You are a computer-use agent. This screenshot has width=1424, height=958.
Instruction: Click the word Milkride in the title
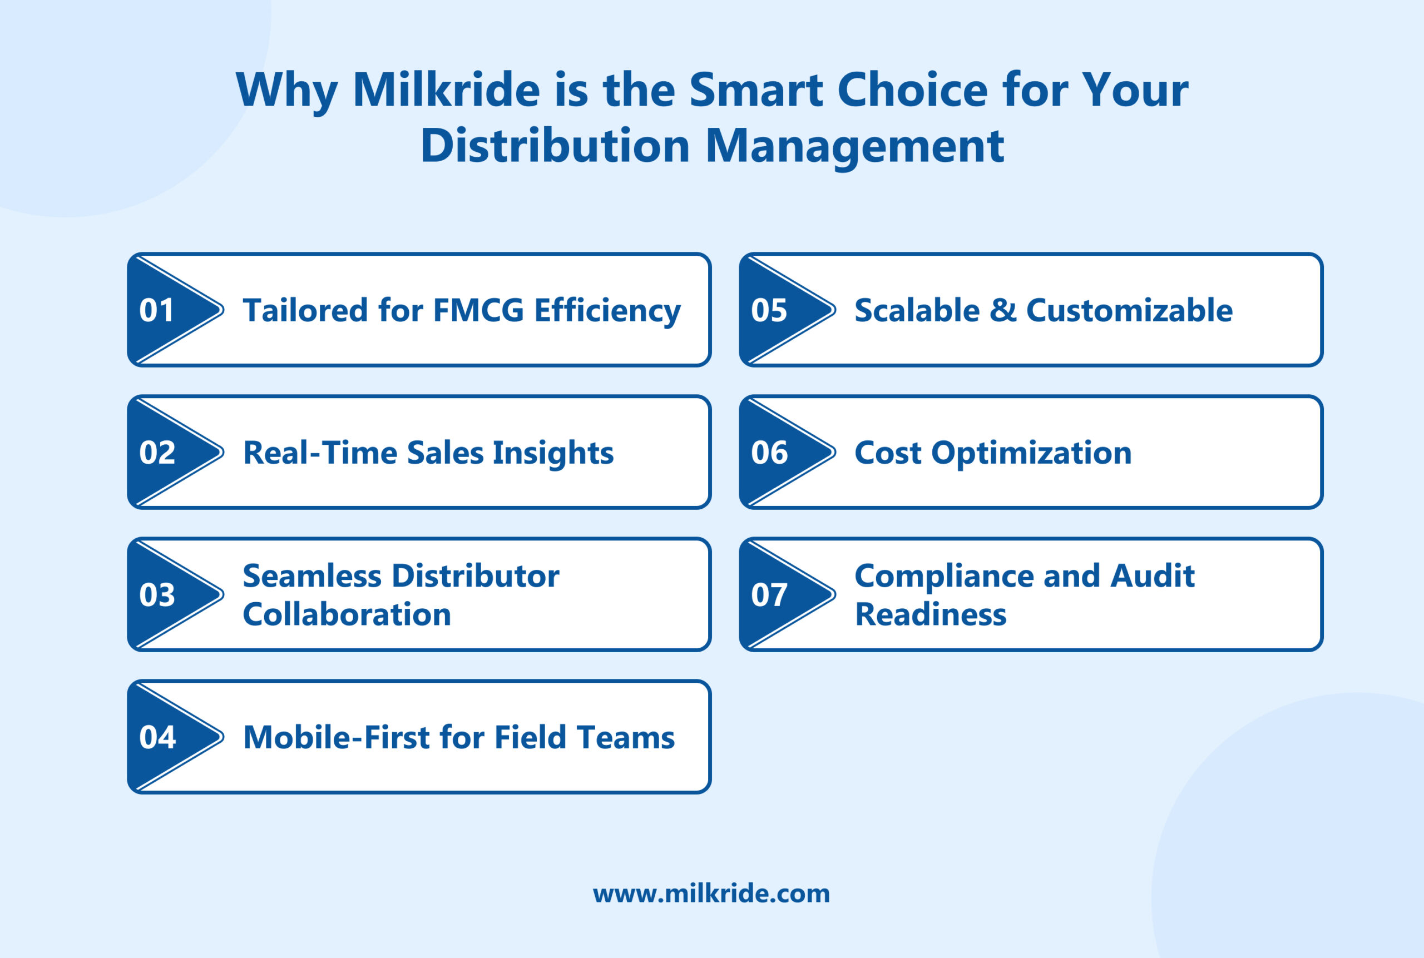446,90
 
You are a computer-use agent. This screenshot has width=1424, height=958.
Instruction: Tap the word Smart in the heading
756,90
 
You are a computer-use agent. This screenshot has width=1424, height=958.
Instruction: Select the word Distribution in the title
555,146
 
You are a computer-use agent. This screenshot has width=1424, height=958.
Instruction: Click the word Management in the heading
854,147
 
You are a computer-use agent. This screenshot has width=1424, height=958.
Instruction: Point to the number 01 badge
156,310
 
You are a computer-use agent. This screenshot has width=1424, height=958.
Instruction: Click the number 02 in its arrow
157,452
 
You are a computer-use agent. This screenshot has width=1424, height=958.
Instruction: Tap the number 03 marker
157,594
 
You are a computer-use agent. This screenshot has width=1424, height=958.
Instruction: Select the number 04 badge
157,737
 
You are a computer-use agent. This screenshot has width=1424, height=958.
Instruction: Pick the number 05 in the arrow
769,310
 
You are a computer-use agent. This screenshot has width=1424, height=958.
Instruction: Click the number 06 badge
769,452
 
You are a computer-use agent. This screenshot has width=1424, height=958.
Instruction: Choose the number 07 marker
769,594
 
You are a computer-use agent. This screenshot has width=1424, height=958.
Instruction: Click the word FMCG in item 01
478,310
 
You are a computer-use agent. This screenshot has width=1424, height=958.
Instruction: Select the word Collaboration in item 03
347,614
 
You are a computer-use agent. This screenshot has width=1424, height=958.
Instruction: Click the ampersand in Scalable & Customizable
1003,310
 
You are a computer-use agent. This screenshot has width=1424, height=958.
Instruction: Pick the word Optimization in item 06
1031,453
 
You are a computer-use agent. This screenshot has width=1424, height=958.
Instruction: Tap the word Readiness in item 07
929,614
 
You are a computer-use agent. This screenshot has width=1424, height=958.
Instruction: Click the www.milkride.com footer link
711,894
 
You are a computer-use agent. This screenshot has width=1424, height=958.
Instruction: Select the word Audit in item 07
1151,575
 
